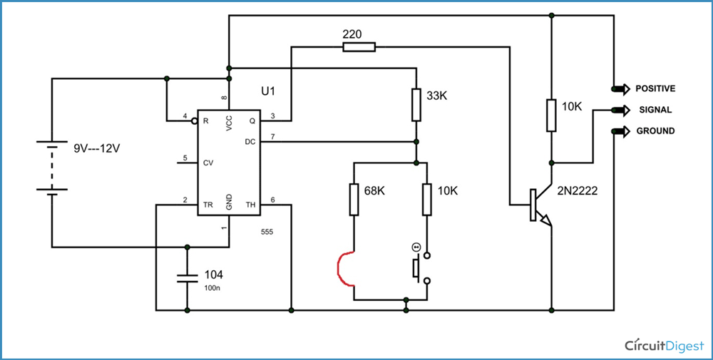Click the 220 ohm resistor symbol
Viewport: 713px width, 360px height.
[x=358, y=47]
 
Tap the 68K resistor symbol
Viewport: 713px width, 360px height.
[x=354, y=200]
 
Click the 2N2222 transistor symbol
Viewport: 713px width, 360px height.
[x=540, y=207]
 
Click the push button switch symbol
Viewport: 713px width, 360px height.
[x=419, y=267]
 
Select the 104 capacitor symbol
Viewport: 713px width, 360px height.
[x=187, y=276]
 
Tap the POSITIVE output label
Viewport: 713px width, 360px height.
[x=655, y=88]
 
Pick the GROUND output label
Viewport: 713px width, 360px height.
[x=655, y=131]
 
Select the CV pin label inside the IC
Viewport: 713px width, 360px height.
[x=208, y=163]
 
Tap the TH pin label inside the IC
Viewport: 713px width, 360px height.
[x=250, y=205]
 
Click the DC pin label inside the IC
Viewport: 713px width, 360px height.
[x=250, y=142]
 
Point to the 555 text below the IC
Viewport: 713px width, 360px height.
[x=267, y=232]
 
